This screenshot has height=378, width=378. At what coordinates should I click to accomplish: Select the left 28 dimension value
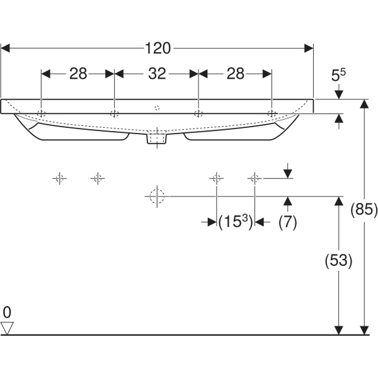[78, 74]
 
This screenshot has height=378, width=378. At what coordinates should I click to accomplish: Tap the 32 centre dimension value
[157, 74]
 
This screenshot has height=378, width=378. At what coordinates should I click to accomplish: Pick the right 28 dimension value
[235, 74]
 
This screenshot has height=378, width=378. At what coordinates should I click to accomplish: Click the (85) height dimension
[364, 210]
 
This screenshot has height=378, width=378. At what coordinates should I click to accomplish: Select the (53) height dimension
[338, 260]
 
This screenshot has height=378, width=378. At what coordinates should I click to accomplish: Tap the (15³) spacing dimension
[235, 222]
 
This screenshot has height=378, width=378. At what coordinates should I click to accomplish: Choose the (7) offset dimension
[287, 222]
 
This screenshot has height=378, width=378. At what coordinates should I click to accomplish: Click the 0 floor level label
[7, 312]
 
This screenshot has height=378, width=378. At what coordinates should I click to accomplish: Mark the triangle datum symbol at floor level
[8, 328]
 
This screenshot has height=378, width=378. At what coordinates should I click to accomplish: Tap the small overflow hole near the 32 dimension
[157, 108]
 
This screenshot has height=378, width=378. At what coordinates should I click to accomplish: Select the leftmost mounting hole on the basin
[42, 113]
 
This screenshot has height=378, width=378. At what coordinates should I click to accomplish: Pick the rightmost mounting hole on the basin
[272, 113]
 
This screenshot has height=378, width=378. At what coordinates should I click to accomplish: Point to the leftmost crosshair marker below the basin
[59, 178]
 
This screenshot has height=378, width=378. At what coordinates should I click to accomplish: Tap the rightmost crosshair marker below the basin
[254, 178]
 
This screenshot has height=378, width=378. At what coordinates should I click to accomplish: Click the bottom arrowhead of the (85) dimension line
[364, 329]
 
